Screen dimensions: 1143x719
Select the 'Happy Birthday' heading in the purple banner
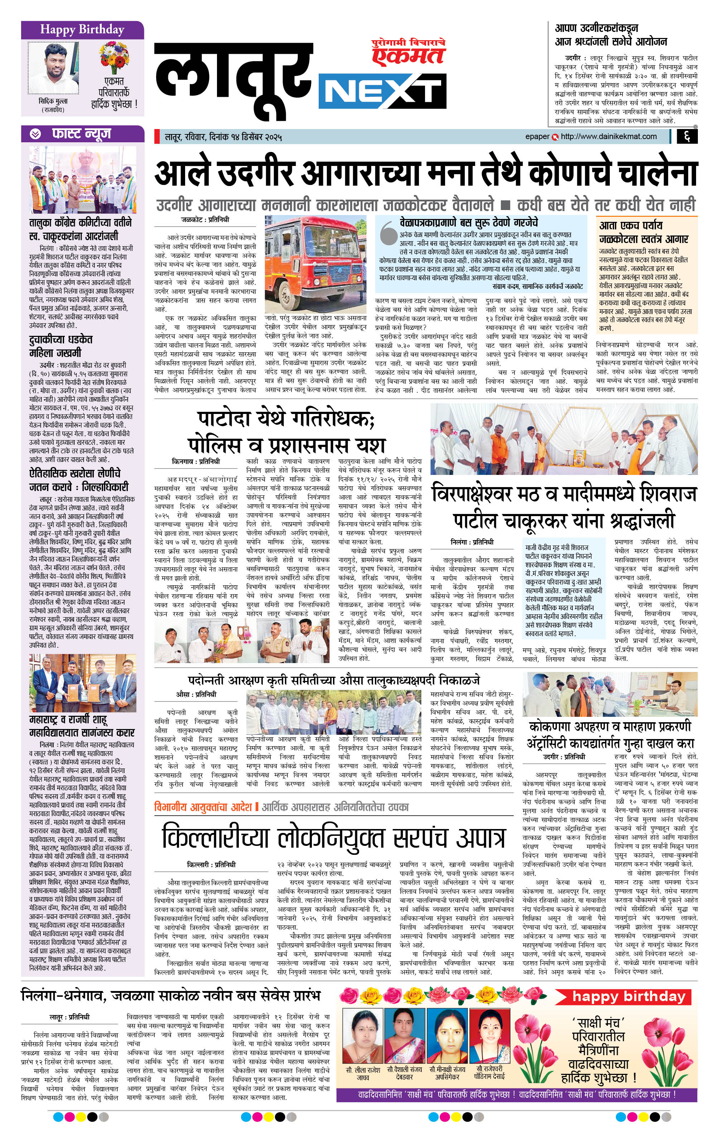pos(82,30)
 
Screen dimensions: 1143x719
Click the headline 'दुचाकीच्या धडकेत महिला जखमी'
pos(61,346)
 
